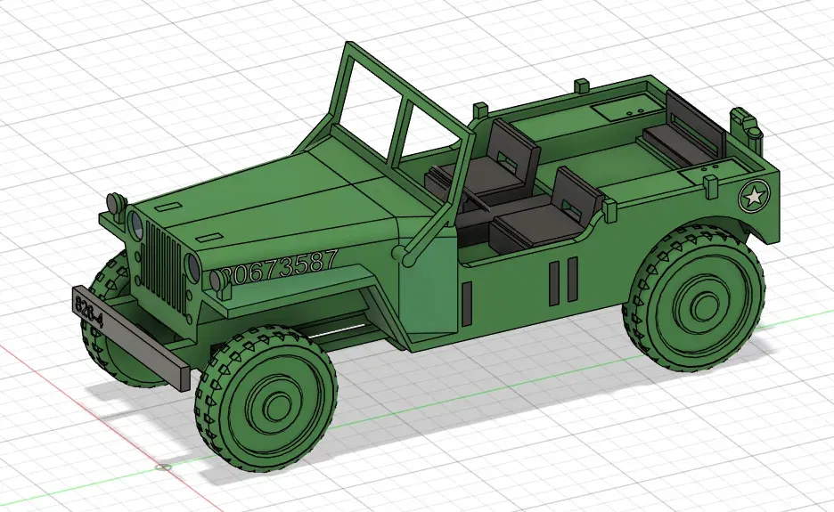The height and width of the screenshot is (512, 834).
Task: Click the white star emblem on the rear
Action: pyautogui.click(x=754, y=197)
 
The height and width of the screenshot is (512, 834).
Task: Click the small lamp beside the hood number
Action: pyautogui.click(x=217, y=280)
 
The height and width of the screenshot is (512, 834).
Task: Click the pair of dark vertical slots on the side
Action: pyautogui.click(x=560, y=281)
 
